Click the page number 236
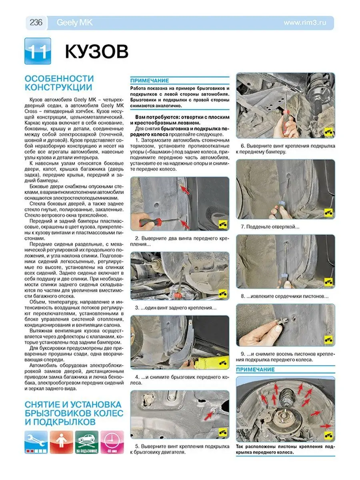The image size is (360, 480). coord(36,22)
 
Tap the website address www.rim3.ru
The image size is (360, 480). coord(305,23)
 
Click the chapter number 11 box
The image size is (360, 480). coord(38,51)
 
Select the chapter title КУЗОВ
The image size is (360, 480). coord(96,52)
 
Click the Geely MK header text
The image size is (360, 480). coord(74,23)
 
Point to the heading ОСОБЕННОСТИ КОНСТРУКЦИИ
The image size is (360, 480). coord(59,82)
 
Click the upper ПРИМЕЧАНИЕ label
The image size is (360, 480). coord(150,80)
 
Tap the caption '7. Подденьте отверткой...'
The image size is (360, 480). coord(270,226)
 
